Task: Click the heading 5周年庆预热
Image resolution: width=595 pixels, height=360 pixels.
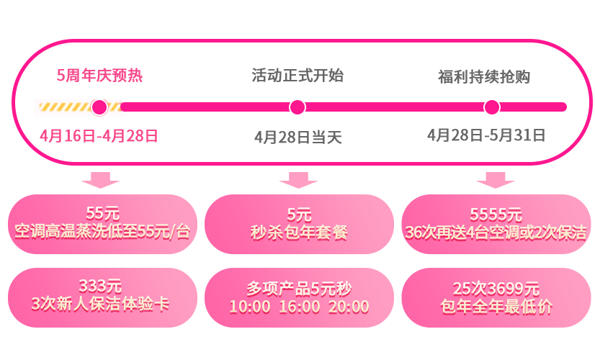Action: click(99, 76)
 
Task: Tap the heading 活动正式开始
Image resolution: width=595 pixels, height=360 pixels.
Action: click(297, 76)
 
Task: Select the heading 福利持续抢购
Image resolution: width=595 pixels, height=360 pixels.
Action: click(484, 76)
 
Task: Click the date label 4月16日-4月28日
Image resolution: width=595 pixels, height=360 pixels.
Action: click(99, 135)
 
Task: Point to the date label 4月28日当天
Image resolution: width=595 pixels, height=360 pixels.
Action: click(297, 137)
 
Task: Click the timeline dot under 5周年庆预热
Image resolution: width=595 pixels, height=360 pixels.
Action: click(99, 107)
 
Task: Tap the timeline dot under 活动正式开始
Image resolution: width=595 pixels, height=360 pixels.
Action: click(297, 107)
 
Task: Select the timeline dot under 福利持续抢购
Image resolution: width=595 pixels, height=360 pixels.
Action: click(492, 107)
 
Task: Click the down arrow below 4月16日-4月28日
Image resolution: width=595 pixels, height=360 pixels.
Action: click(101, 180)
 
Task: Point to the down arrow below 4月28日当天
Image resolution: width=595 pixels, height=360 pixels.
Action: click(298, 180)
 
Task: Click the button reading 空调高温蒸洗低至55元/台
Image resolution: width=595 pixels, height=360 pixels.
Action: click(102, 223)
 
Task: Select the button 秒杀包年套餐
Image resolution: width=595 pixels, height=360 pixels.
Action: click(299, 223)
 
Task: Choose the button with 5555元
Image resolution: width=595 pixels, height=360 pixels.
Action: click(496, 223)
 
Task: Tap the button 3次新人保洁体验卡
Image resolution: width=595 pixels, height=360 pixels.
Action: click(102, 297)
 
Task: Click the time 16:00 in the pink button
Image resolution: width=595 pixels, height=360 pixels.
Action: click(300, 307)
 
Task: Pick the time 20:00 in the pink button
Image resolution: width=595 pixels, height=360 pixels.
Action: click(349, 307)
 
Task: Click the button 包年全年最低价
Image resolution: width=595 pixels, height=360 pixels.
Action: click(496, 297)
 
